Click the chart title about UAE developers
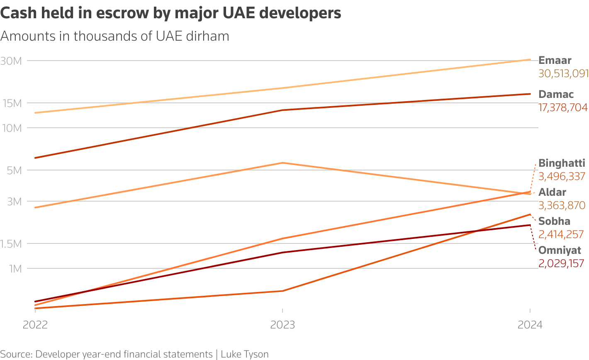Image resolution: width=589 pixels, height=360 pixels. (170, 13)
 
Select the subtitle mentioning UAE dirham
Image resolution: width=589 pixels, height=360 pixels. (115, 36)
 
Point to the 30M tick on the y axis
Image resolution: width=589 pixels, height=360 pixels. (11, 61)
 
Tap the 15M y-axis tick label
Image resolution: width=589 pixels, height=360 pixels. (11, 103)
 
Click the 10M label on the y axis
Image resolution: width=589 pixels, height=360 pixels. (11, 128)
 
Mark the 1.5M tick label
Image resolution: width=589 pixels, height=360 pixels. (11, 244)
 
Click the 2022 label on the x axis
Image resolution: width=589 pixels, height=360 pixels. (35, 324)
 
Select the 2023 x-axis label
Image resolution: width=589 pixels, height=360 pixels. (282, 324)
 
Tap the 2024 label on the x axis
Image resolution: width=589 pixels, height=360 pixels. (530, 324)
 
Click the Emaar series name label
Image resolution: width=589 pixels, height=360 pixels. (555, 60)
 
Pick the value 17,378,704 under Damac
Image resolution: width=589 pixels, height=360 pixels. (563, 108)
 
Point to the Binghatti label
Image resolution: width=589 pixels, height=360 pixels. (562, 163)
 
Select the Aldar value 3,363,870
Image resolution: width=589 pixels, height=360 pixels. (562, 205)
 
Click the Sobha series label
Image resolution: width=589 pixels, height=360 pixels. (554, 221)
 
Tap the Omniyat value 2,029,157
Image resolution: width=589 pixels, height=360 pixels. (561, 263)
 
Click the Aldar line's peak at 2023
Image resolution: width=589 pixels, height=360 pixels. (282, 163)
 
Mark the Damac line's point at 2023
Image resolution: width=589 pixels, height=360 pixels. (282, 110)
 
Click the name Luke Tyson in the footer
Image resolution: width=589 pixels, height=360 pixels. (244, 354)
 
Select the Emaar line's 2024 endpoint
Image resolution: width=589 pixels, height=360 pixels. (530, 60)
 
